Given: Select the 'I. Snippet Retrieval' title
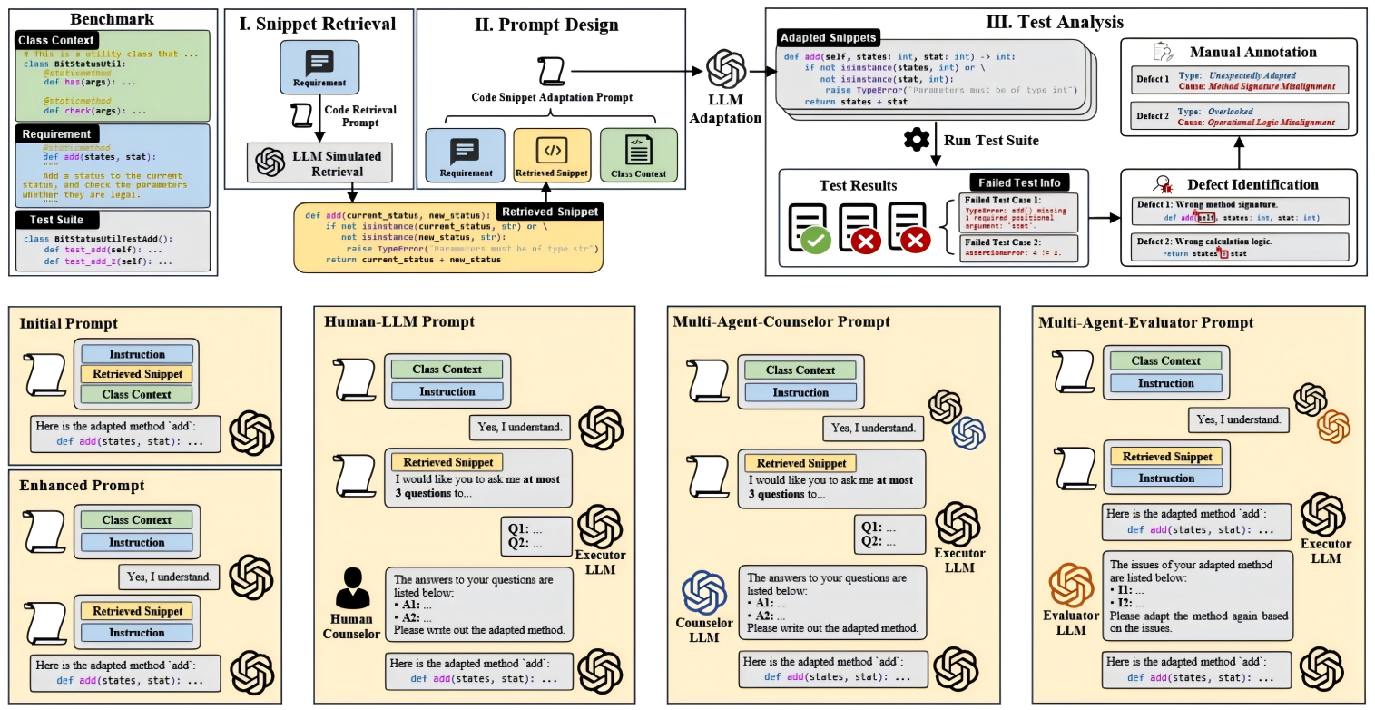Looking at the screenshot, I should (318, 25).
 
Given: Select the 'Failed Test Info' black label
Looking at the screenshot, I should (1017, 182).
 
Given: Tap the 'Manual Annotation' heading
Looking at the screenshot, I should (1252, 52).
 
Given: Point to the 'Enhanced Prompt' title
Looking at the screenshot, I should (83, 486).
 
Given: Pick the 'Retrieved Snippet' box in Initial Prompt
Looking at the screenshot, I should (137, 374).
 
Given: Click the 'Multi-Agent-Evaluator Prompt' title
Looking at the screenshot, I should (1146, 322).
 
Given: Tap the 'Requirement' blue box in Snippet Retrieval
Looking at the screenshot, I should (319, 68).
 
